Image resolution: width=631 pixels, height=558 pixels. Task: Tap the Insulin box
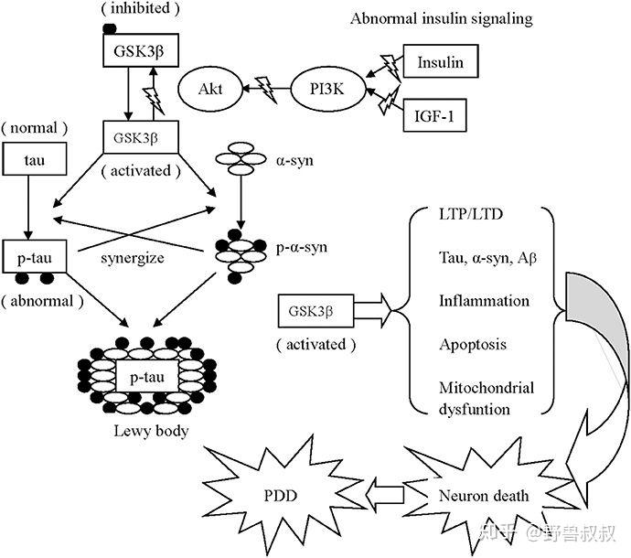coord(440,63)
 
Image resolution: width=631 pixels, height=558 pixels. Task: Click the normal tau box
coord(32,162)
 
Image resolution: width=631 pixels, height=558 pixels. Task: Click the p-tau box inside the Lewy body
coord(145,375)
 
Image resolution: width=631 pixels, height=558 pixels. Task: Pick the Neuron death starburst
coord(481,496)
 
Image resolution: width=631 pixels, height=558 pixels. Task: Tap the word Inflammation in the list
coord(484,301)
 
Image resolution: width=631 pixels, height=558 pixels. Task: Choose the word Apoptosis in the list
coord(473,345)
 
